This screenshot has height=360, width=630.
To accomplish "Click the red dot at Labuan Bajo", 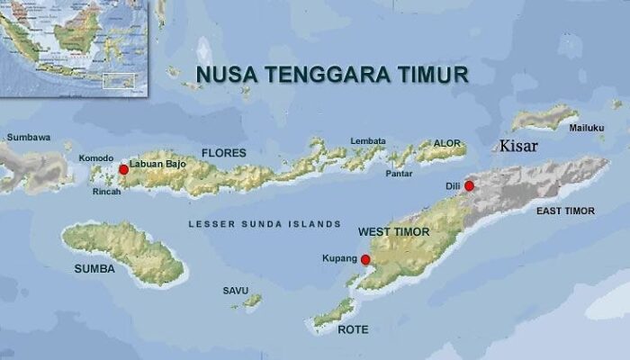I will [123, 169].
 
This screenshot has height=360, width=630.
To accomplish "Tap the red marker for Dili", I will [469, 185].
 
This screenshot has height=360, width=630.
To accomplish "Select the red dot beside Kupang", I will [365, 259].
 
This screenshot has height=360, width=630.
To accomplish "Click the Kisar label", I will [519, 146].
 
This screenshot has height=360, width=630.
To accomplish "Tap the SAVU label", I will [236, 290].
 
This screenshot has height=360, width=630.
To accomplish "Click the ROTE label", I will [353, 329].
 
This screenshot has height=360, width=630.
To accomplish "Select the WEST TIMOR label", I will [394, 232].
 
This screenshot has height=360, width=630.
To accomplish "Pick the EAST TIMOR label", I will [565, 210].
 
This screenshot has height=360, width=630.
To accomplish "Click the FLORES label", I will [223, 152].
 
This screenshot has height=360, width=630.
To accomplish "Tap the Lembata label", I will [368, 141].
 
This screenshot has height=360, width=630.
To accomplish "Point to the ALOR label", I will [446, 143].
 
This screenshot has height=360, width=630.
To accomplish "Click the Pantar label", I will [400, 173].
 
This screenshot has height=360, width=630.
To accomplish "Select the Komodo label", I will [96, 158].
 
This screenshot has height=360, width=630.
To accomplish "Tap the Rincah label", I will [106, 191].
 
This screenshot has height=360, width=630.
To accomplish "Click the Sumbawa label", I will [28, 138].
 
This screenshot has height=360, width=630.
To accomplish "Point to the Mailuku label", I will [586, 128].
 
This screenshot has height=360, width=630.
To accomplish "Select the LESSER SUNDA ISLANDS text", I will [264, 223].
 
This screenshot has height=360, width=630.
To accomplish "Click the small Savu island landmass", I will [253, 300].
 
